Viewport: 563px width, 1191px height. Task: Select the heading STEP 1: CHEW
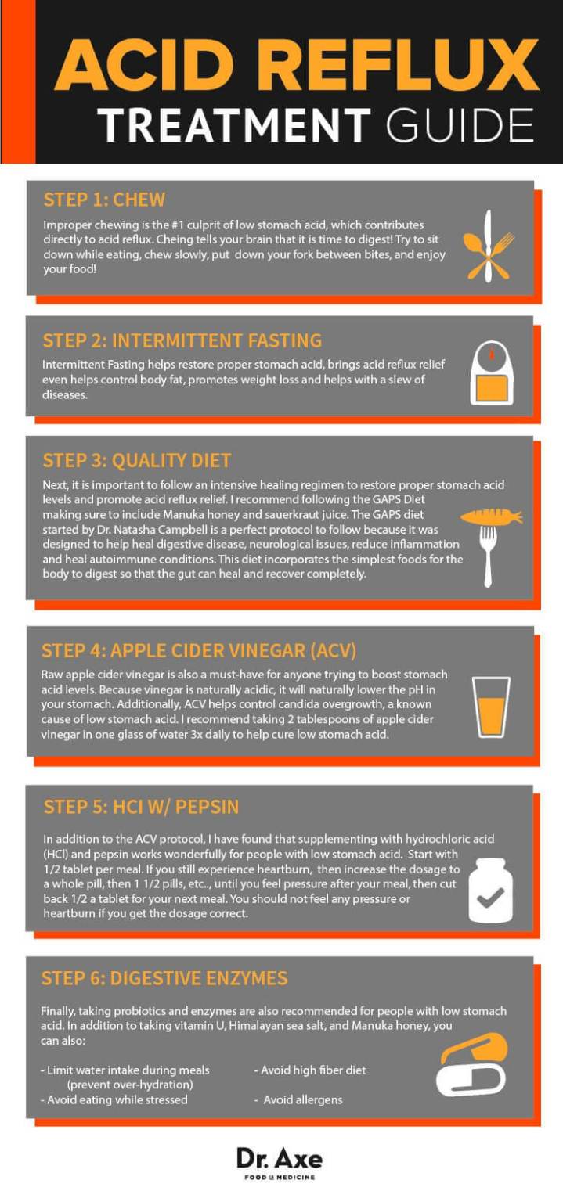[104, 200]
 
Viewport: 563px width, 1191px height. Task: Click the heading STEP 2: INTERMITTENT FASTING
[182, 340]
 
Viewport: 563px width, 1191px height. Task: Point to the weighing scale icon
[491, 375]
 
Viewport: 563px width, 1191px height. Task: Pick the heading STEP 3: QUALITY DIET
[137, 459]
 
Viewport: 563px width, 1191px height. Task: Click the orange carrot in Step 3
[491, 516]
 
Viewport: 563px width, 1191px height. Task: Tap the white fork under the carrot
[489, 556]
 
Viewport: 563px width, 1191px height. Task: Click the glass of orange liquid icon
[491, 707]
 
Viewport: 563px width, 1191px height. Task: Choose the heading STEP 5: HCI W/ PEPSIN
[142, 807]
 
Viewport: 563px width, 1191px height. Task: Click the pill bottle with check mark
[491, 891]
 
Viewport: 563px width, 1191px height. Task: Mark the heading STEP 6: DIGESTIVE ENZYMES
[164, 977]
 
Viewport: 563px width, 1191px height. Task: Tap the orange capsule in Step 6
[475, 1048]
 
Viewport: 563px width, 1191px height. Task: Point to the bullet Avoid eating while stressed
[114, 1099]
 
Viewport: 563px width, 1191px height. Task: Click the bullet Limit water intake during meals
[125, 1070]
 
